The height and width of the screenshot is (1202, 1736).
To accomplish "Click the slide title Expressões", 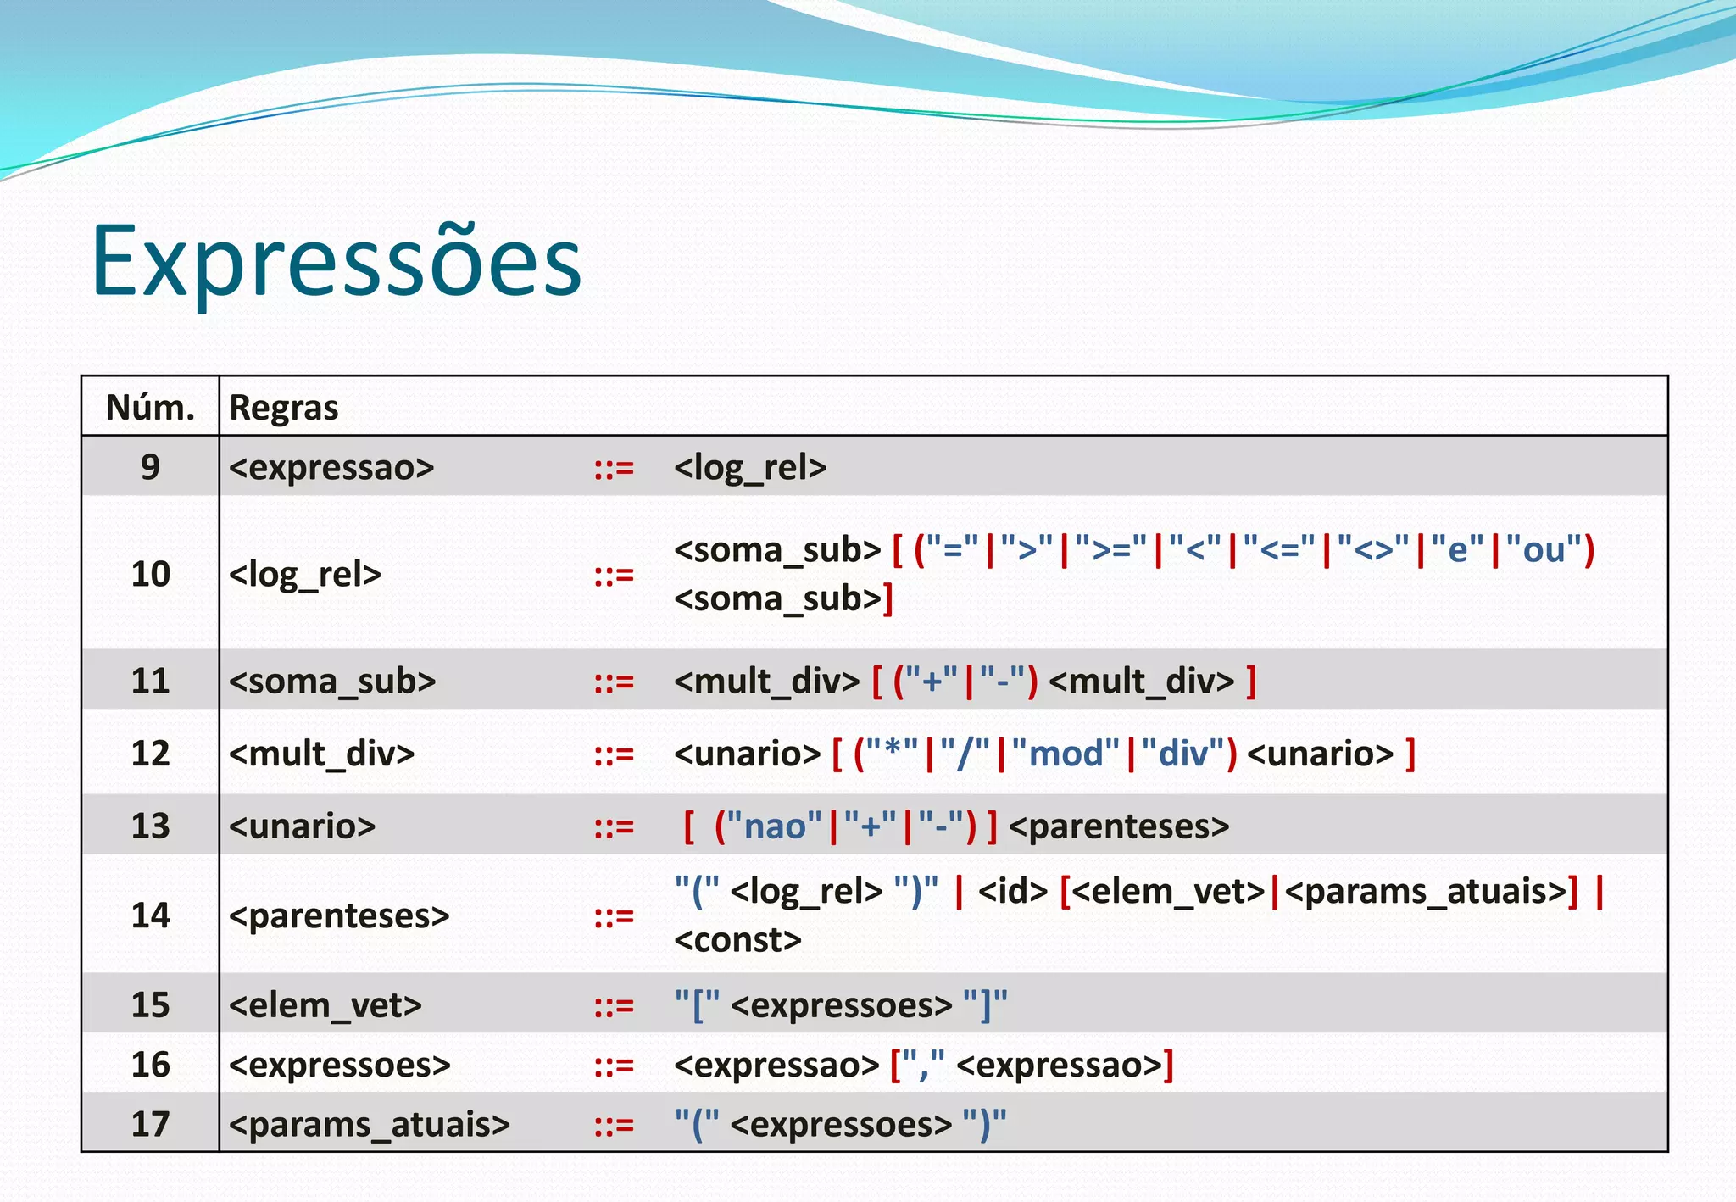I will point(337,259).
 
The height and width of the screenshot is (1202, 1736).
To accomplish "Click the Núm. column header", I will point(150,408).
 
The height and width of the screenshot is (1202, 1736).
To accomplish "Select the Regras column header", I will point(284,408).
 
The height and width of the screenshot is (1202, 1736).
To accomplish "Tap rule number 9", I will point(150,467).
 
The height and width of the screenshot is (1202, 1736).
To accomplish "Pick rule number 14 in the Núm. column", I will point(150,915).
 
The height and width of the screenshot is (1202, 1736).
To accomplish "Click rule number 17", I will point(150,1124).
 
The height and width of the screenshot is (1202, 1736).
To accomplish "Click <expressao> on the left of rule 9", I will point(331,467).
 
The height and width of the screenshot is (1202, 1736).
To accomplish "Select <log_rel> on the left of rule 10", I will point(305,575).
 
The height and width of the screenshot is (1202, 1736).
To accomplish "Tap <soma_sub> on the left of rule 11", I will point(332,681).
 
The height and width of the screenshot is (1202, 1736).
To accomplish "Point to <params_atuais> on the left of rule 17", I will point(370,1124).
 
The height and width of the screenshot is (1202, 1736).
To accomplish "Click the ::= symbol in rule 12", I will point(614,754).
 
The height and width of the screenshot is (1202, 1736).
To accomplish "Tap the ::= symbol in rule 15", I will point(614,1005).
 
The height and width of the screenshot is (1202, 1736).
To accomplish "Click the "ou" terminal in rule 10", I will point(1543,550).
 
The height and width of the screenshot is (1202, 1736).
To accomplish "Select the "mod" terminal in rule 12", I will point(1066,754).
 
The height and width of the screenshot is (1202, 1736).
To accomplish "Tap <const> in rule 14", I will point(737,940).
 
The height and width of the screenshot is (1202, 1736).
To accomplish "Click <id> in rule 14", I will point(1013,891).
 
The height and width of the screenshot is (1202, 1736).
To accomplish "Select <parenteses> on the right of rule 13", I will point(1118,826).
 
